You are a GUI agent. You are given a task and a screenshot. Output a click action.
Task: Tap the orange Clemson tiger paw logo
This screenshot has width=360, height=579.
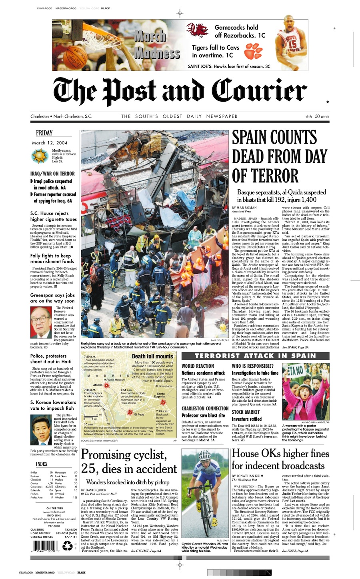click(254, 51)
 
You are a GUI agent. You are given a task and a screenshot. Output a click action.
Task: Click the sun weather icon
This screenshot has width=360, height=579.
click(40, 155)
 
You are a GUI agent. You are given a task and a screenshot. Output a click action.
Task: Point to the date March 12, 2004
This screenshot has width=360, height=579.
click(50, 143)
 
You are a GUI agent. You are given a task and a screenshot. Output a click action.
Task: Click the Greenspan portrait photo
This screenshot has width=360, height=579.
click(41, 323)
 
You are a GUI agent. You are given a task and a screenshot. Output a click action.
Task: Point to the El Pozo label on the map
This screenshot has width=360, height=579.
click(139, 415)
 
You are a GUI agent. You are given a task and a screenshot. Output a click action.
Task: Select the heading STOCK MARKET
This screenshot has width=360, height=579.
click(246, 412)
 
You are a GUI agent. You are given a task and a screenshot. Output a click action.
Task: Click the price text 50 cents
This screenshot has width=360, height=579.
click(322, 116)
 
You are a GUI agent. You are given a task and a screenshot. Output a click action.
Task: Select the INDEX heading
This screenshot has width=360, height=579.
click(42, 464)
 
